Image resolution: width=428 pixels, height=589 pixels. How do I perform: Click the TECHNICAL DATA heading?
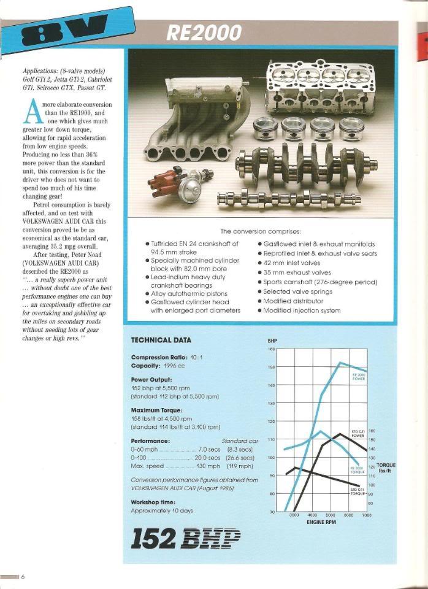(161, 340)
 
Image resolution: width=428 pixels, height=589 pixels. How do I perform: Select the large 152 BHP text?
(186, 538)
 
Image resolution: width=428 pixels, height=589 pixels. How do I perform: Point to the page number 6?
(23, 577)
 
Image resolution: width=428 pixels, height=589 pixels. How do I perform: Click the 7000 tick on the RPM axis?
(367, 516)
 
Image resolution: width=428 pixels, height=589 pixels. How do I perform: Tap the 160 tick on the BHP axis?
(272, 349)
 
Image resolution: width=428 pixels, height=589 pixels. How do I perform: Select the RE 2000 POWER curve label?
(359, 377)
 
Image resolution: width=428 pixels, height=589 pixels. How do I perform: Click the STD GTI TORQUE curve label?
(357, 491)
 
